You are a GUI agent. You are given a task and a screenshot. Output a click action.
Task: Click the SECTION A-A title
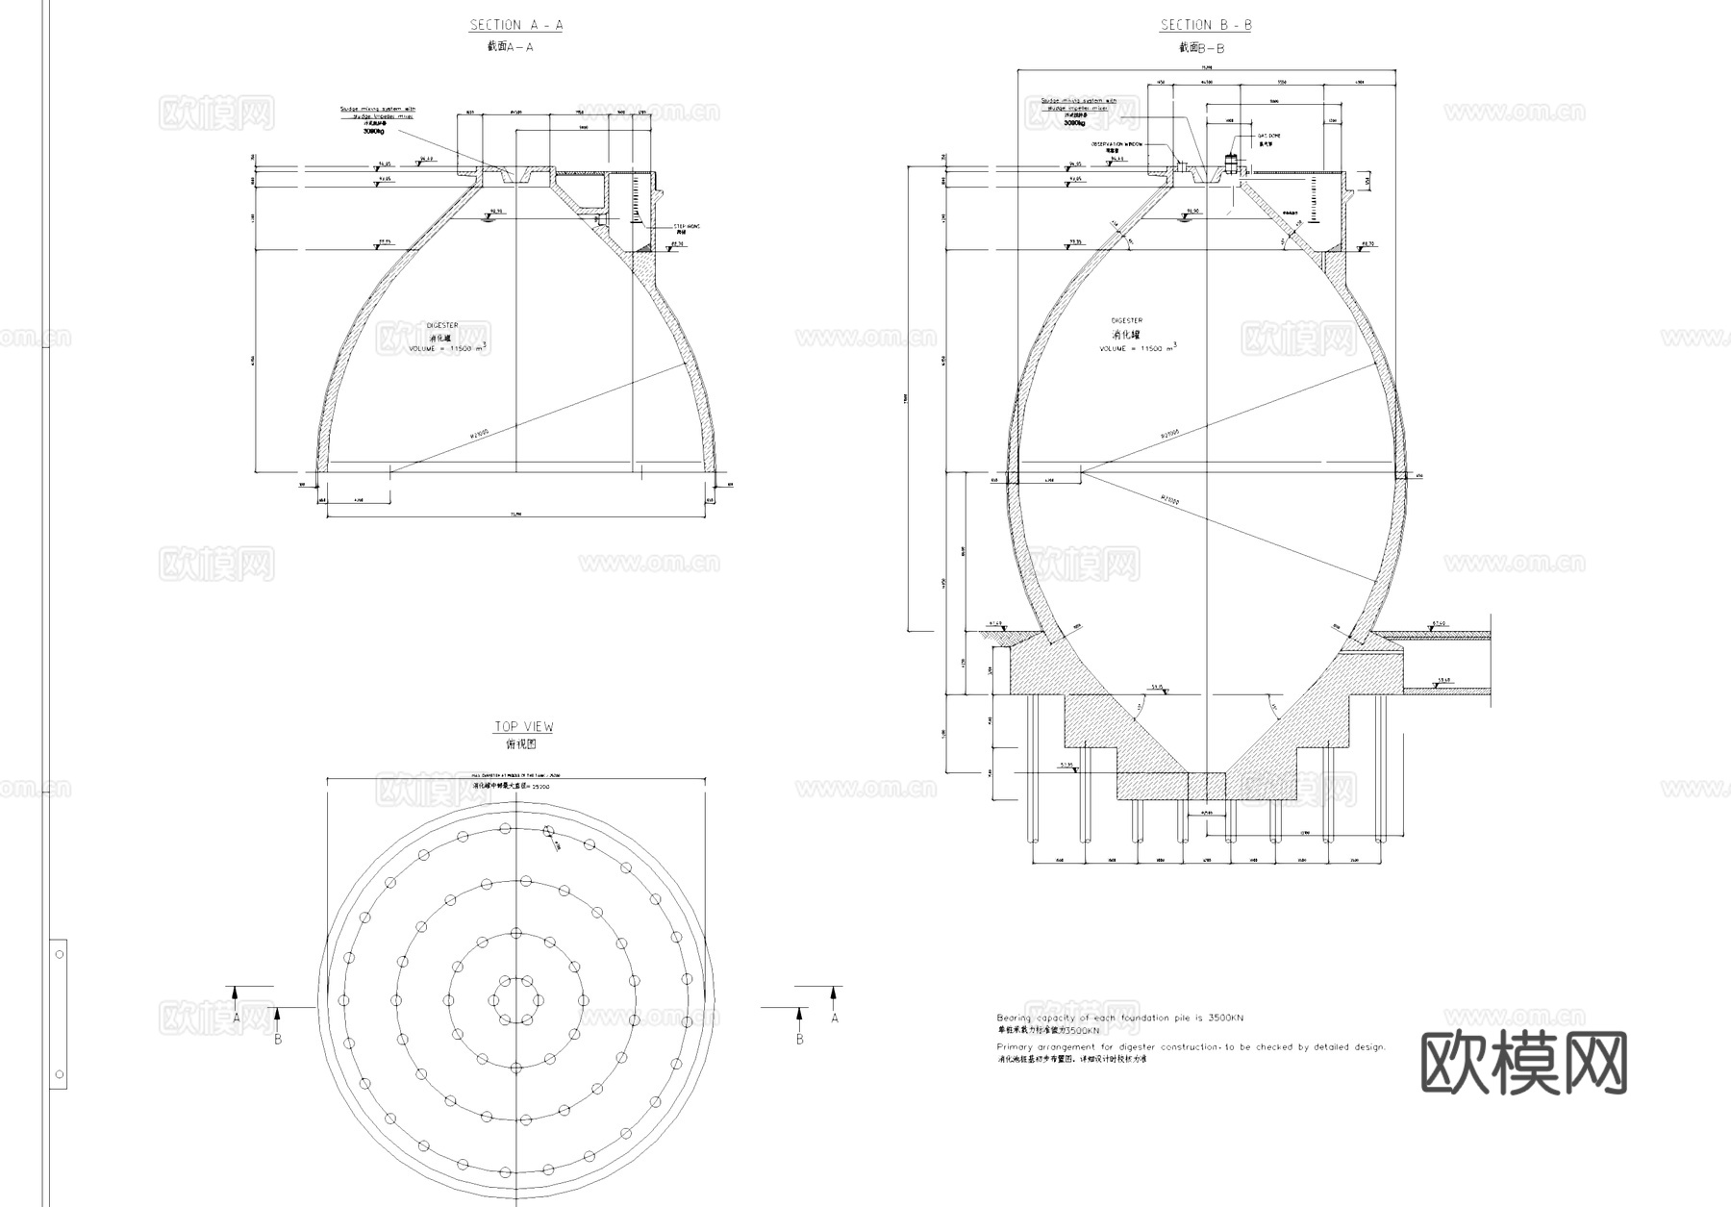tap(516, 25)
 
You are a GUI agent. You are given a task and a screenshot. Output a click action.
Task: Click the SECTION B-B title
tap(1206, 25)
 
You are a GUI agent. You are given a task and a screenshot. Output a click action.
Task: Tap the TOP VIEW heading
tap(523, 727)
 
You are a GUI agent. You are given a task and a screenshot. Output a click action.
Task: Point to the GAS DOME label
tap(1268, 137)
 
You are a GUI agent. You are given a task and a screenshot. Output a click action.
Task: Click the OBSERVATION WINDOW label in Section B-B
tap(1116, 143)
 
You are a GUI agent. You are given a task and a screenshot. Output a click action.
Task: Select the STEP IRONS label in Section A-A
tap(687, 227)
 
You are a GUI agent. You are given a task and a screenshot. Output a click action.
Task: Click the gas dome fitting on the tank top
tap(1230, 164)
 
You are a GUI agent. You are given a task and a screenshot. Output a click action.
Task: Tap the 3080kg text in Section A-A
tap(374, 131)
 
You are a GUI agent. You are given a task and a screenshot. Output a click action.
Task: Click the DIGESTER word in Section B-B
tap(1126, 320)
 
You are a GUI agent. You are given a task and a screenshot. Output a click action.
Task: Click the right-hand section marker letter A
tap(835, 1017)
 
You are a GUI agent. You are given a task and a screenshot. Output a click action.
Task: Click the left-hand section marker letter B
tap(278, 1039)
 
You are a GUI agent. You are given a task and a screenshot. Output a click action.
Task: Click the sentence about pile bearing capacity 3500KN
tap(1119, 1018)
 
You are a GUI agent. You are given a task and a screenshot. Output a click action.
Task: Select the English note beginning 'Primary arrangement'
tap(1191, 1046)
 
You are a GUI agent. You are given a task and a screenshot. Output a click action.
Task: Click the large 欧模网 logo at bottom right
tap(1523, 1064)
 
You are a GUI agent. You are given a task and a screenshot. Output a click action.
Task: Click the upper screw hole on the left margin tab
tap(60, 954)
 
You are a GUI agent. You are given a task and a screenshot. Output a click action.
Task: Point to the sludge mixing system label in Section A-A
tap(376, 113)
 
